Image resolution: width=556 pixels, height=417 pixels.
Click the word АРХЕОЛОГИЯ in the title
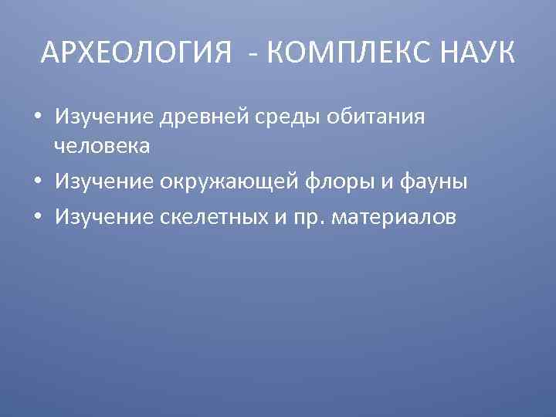136,53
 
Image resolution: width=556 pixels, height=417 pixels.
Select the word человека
101,145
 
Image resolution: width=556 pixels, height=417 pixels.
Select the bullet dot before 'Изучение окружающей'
37,182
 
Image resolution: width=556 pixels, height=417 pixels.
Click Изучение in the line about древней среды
104,117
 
